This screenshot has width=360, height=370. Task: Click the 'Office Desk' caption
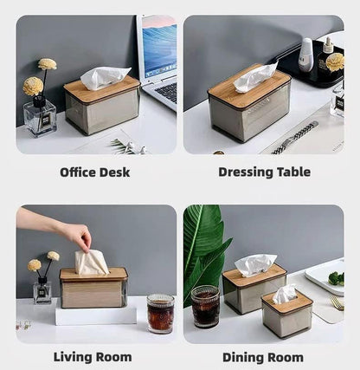pyautogui.click(x=94, y=172)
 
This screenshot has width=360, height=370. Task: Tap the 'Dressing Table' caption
pyautogui.click(x=264, y=172)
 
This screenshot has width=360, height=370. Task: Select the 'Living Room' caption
pyautogui.click(x=93, y=356)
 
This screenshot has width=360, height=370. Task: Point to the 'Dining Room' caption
pyautogui.click(x=263, y=356)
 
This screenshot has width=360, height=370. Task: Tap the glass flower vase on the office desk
pyautogui.click(x=40, y=117)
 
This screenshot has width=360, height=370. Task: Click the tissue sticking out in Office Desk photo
pyautogui.click(x=104, y=78)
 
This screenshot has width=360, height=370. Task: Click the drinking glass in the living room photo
pyautogui.click(x=159, y=313)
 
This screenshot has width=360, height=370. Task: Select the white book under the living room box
pyautogui.click(x=95, y=315)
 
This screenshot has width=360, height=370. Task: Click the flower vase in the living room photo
pyautogui.click(x=42, y=289)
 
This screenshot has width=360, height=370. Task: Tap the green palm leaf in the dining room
pyautogui.click(x=204, y=247)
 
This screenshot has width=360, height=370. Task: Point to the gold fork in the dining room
pyautogui.click(x=336, y=302)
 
